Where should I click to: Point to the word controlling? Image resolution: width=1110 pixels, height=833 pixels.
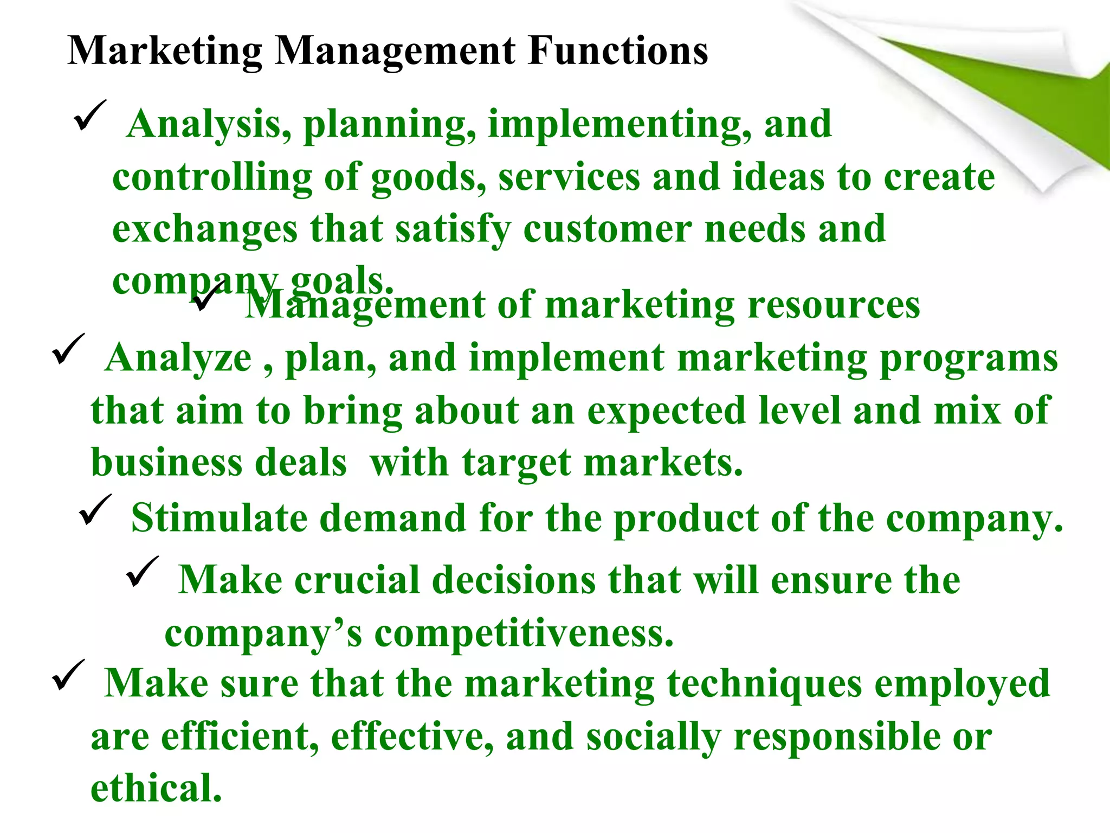(x=212, y=178)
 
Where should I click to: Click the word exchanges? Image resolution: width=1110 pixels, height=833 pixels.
(x=205, y=230)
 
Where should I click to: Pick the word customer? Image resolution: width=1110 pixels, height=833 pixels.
(x=607, y=229)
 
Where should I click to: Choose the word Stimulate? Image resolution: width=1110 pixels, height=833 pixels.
(x=219, y=518)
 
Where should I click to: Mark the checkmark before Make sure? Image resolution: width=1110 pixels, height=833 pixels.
(x=68, y=675)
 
